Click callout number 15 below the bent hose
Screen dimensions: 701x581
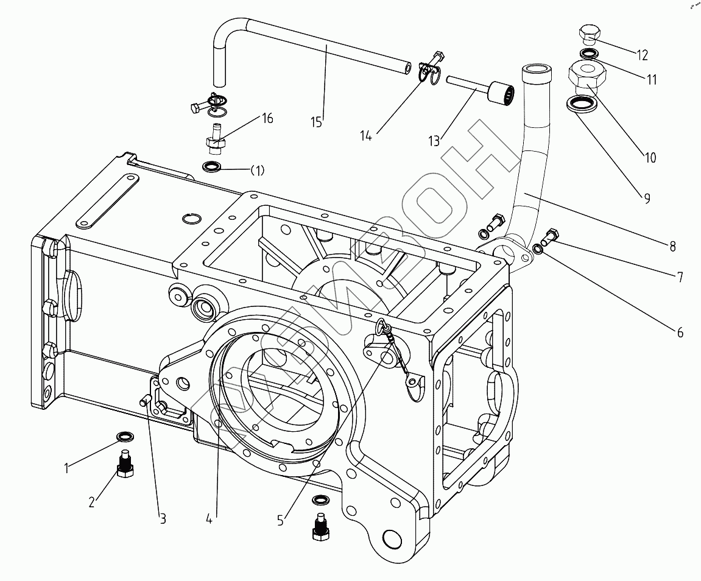coord(316,122)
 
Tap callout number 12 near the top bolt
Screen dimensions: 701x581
coord(642,55)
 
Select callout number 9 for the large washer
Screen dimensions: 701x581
coord(647,198)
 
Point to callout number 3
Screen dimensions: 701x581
coord(163,518)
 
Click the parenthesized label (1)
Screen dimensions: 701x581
coord(257,171)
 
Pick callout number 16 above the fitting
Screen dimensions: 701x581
coord(267,118)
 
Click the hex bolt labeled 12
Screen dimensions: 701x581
coord(590,35)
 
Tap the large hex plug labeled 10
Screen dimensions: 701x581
coord(588,75)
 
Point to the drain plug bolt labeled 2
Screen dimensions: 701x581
coord(125,464)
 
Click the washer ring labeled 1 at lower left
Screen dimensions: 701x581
coord(125,435)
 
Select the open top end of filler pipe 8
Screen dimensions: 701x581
coord(536,69)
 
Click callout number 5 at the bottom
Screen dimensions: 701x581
coord(280,520)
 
